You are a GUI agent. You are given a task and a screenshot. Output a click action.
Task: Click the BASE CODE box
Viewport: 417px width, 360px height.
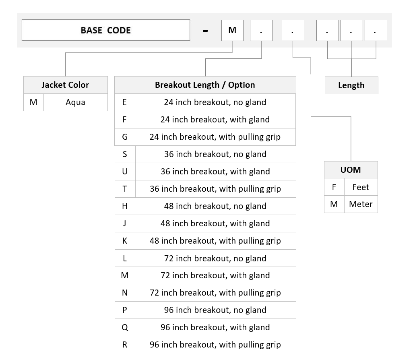click(106, 30)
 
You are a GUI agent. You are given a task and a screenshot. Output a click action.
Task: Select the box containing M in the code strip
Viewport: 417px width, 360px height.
click(232, 30)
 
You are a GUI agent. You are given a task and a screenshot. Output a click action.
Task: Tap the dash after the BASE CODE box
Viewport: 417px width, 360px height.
click(205, 31)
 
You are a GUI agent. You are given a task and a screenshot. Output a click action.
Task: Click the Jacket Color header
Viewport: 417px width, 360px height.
click(66, 85)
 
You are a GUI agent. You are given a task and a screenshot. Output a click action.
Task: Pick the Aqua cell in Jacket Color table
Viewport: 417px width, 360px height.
click(76, 102)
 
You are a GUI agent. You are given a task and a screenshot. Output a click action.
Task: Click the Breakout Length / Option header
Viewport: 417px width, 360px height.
click(205, 85)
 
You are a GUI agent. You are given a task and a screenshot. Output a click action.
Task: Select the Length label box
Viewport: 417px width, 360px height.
click(351, 85)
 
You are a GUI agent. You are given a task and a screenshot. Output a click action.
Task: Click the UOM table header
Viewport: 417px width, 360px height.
click(351, 170)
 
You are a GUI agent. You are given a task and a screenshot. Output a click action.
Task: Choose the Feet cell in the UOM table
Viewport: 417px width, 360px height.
click(361, 187)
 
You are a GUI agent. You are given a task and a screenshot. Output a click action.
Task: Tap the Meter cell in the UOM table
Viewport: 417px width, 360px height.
click(361, 204)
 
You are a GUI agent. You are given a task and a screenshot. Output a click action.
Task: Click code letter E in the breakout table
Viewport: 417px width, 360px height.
click(124, 102)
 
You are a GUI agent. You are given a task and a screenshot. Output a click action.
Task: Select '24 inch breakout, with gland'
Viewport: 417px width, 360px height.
click(215, 120)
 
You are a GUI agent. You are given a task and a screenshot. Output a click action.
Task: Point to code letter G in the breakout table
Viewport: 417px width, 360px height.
click(125, 137)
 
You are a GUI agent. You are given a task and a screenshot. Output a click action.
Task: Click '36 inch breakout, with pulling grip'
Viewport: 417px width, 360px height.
click(215, 189)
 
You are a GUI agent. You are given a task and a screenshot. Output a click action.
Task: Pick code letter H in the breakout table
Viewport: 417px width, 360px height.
click(125, 206)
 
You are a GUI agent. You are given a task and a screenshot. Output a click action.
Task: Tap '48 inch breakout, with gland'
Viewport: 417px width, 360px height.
click(215, 223)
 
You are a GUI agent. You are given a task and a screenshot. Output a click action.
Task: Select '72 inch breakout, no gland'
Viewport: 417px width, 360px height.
click(215, 259)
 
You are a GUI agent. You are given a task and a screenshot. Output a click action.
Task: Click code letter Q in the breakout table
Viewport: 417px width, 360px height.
click(125, 327)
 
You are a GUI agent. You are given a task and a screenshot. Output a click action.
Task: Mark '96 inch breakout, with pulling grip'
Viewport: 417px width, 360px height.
click(215, 345)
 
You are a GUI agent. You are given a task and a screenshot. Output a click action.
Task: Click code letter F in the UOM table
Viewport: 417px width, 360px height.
click(334, 187)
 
